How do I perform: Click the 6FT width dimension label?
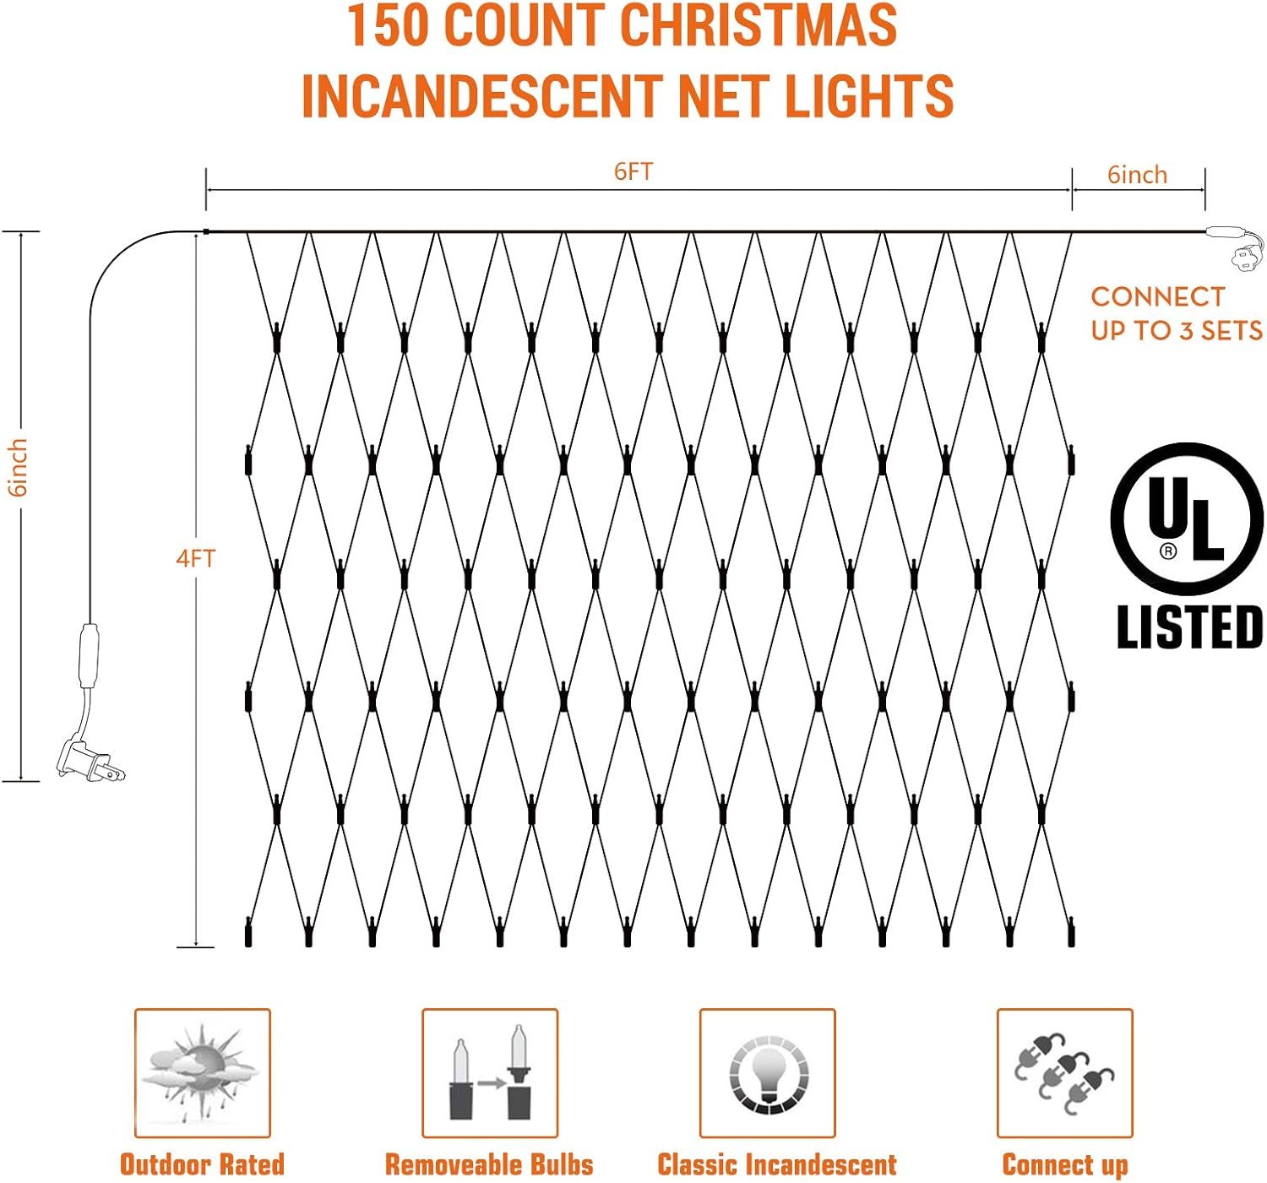coord(633,171)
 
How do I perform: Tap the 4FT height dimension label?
coord(195,558)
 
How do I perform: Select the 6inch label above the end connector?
coord(1137,175)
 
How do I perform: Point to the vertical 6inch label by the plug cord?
coord(18,467)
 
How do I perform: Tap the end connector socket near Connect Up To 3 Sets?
coord(1235,245)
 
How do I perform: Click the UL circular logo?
coord(1187,518)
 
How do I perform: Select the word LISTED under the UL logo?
coord(1189,627)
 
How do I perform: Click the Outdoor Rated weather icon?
coord(202,1072)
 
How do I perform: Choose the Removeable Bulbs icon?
coord(489,1072)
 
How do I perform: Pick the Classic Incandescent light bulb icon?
coord(767,1072)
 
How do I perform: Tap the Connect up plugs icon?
coord(1064,1072)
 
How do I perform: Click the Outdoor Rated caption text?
coord(202,1164)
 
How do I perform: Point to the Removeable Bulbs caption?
coord(489,1164)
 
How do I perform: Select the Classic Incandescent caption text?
coord(776,1164)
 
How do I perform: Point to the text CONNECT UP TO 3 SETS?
coord(1176,313)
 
